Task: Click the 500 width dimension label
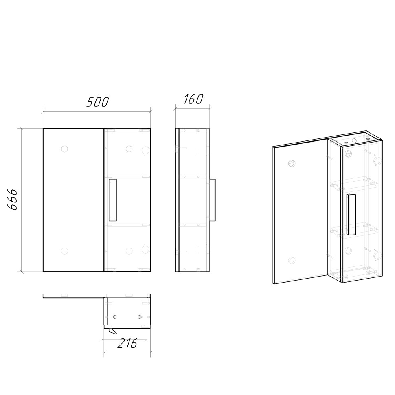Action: point(97,102)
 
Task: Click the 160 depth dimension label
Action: point(193,99)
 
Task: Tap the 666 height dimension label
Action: point(12,199)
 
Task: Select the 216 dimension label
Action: point(127,343)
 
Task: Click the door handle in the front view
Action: point(113,200)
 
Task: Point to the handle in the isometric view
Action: point(351,214)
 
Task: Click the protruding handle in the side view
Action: point(213,200)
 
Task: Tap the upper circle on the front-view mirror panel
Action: point(64,149)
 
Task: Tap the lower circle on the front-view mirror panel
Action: point(64,251)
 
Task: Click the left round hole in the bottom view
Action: point(114,317)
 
